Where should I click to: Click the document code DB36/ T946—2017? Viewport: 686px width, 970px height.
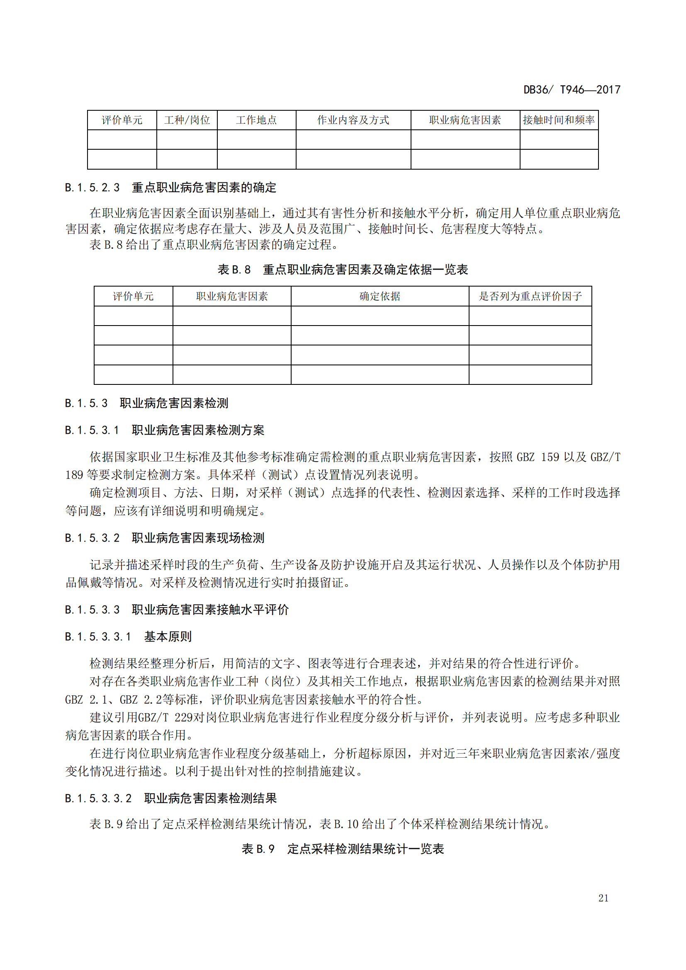(x=572, y=90)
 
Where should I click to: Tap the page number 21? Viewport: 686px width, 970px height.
(x=603, y=898)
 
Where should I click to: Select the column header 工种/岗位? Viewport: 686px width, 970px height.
(x=187, y=120)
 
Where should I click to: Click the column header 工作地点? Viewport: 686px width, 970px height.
(x=256, y=120)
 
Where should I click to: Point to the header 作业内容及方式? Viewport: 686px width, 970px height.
(x=353, y=120)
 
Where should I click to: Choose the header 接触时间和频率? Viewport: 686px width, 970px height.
(x=558, y=120)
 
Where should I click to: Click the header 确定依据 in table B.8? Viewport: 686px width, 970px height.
(x=379, y=296)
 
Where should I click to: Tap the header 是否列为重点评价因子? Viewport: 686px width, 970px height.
(x=530, y=296)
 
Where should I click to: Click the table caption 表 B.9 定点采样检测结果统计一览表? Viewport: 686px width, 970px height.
(x=343, y=849)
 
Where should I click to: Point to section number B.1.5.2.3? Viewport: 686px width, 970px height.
(x=92, y=187)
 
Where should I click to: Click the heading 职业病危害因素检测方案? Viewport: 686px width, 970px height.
(x=198, y=430)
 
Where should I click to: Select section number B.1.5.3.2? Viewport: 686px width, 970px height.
(x=92, y=538)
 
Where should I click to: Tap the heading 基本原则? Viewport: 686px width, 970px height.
(x=168, y=636)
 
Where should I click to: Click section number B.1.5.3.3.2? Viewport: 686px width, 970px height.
(x=98, y=798)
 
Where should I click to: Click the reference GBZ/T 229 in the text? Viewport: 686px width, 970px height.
(x=165, y=717)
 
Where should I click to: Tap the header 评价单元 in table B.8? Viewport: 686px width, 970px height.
(x=133, y=296)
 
